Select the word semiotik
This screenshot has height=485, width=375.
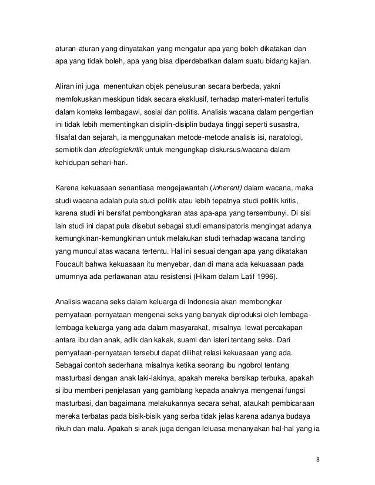tap(64, 149)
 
